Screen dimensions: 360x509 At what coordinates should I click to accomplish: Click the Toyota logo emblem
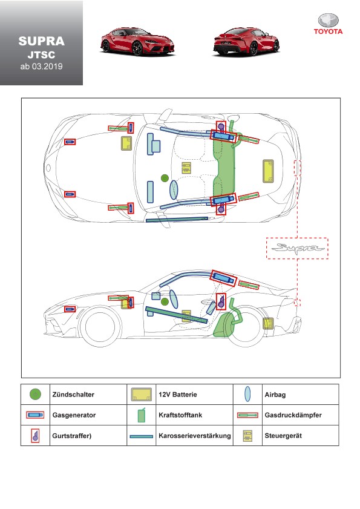[x=328, y=21]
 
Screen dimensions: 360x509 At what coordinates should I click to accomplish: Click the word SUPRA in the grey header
[x=41, y=41]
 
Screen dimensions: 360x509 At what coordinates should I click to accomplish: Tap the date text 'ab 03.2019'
[x=41, y=67]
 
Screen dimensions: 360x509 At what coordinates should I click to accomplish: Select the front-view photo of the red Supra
[x=137, y=41]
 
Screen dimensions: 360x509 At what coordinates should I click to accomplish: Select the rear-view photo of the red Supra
[x=246, y=41]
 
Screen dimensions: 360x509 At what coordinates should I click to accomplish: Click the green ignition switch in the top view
[x=165, y=178]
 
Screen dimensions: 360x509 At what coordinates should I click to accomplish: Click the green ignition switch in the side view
[x=165, y=302]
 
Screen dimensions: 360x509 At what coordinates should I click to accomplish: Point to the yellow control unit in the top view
[x=186, y=168]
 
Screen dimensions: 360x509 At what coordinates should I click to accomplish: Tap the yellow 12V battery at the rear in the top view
[x=268, y=171]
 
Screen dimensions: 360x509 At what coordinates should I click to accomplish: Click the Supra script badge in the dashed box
[x=297, y=248]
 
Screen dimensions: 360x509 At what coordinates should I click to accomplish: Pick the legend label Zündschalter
[x=73, y=395]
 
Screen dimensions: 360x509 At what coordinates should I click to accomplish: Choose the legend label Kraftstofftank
[x=180, y=415]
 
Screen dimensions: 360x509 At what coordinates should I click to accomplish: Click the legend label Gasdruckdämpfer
[x=293, y=415]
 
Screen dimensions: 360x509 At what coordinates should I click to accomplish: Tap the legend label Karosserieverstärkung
[x=195, y=436]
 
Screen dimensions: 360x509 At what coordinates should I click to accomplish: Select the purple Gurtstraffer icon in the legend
[x=35, y=435]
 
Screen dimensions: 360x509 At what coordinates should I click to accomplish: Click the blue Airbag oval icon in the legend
[x=247, y=394]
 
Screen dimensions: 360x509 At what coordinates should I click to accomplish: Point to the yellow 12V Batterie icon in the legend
[x=141, y=395]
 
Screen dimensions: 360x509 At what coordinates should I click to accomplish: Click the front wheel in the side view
[x=99, y=327]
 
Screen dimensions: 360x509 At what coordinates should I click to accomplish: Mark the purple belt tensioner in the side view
[x=221, y=301]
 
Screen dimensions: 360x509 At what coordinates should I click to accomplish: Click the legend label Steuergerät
[x=283, y=436]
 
